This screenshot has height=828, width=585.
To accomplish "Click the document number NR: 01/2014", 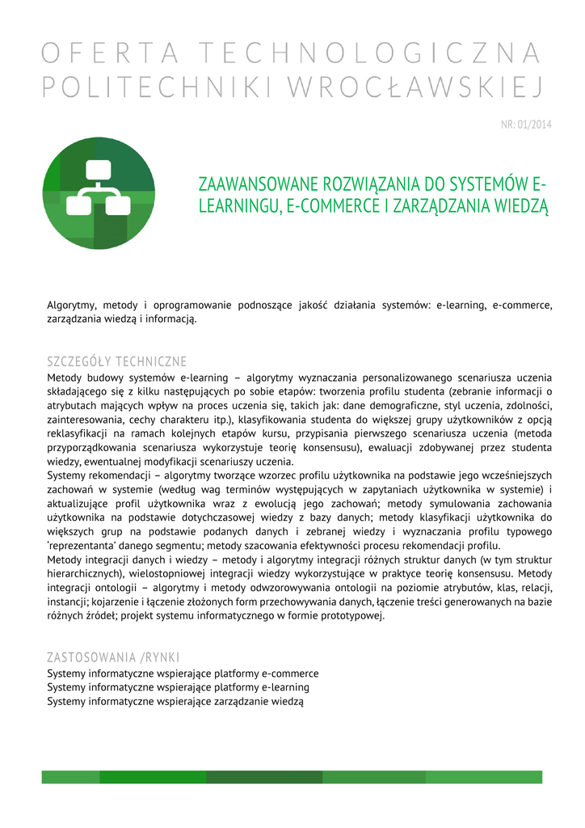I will (x=526, y=125).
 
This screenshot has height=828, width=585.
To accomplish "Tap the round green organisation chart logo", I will (x=99, y=192).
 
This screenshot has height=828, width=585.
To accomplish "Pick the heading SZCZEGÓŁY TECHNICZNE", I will (x=117, y=361).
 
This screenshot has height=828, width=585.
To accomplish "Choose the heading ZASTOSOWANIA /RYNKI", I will (x=113, y=657).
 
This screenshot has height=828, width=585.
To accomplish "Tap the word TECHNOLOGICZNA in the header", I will (x=370, y=54).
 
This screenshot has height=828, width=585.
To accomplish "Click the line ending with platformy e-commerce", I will (x=183, y=674).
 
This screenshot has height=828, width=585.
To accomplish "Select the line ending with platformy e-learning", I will (x=178, y=687).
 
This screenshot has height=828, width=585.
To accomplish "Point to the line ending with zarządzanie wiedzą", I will (x=175, y=701).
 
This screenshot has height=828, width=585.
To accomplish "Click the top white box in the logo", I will (x=99, y=171).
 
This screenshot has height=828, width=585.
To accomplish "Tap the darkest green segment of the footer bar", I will (x=264, y=777).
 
